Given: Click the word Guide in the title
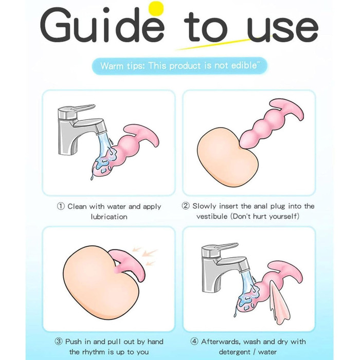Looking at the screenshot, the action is (x=102, y=25).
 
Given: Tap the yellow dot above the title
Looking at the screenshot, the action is (x=156, y=9).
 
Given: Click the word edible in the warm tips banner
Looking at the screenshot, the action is (x=244, y=66).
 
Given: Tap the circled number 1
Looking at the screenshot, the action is (x=61, y=206).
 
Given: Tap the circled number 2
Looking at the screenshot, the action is (x=186, y=206).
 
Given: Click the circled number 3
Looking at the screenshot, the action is (x=59, y=341).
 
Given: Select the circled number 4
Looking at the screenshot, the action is (x=194, y=341).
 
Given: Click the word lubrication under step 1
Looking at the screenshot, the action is (x=109, y=217).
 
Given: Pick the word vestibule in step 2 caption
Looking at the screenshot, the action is (x=212, y=217).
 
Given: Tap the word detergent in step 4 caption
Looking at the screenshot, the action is (x=234, y=352).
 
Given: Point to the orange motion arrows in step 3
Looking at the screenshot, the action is (x=145, y=256).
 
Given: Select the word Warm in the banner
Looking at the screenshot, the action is (x=112, y=66).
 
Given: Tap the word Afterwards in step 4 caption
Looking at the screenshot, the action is (x=221, y=341).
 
